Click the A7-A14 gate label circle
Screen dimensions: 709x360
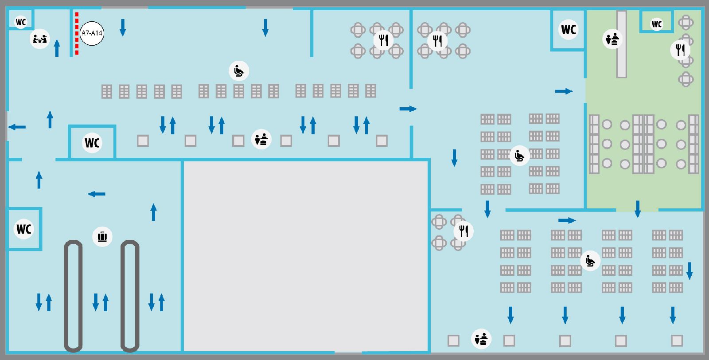tap(92, 33)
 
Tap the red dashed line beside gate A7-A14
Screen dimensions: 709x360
tap(77, 34)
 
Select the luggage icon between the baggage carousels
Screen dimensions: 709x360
tap(102, 236)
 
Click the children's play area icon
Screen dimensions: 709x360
tap(39, 39)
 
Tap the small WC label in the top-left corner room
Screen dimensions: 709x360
tap(21, 22)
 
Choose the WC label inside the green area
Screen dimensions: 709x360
tap(656, 24)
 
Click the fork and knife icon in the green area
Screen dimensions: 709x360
tap(680, 50)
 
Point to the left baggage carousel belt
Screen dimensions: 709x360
tap(73, 296)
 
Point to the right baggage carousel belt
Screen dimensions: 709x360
tap(130, 296)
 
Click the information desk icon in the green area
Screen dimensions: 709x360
tap(612, 39)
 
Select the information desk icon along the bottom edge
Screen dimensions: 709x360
tap(481, 339)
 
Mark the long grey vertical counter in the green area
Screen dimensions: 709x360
tap(622, 44)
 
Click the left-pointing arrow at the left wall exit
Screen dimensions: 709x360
tap(17, 127)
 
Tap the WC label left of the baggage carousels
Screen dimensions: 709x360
tap(24, 229)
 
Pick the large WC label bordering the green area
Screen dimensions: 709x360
tap(568, 29)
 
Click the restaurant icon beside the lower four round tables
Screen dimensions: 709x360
tap(464, 231)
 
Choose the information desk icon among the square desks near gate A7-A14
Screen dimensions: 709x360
tap(261, 139)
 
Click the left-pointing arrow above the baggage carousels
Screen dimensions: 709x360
tap(96, 194)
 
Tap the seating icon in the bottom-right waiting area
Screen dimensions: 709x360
tap(590, 261)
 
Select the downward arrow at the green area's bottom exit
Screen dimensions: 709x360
tap(638, 209)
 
